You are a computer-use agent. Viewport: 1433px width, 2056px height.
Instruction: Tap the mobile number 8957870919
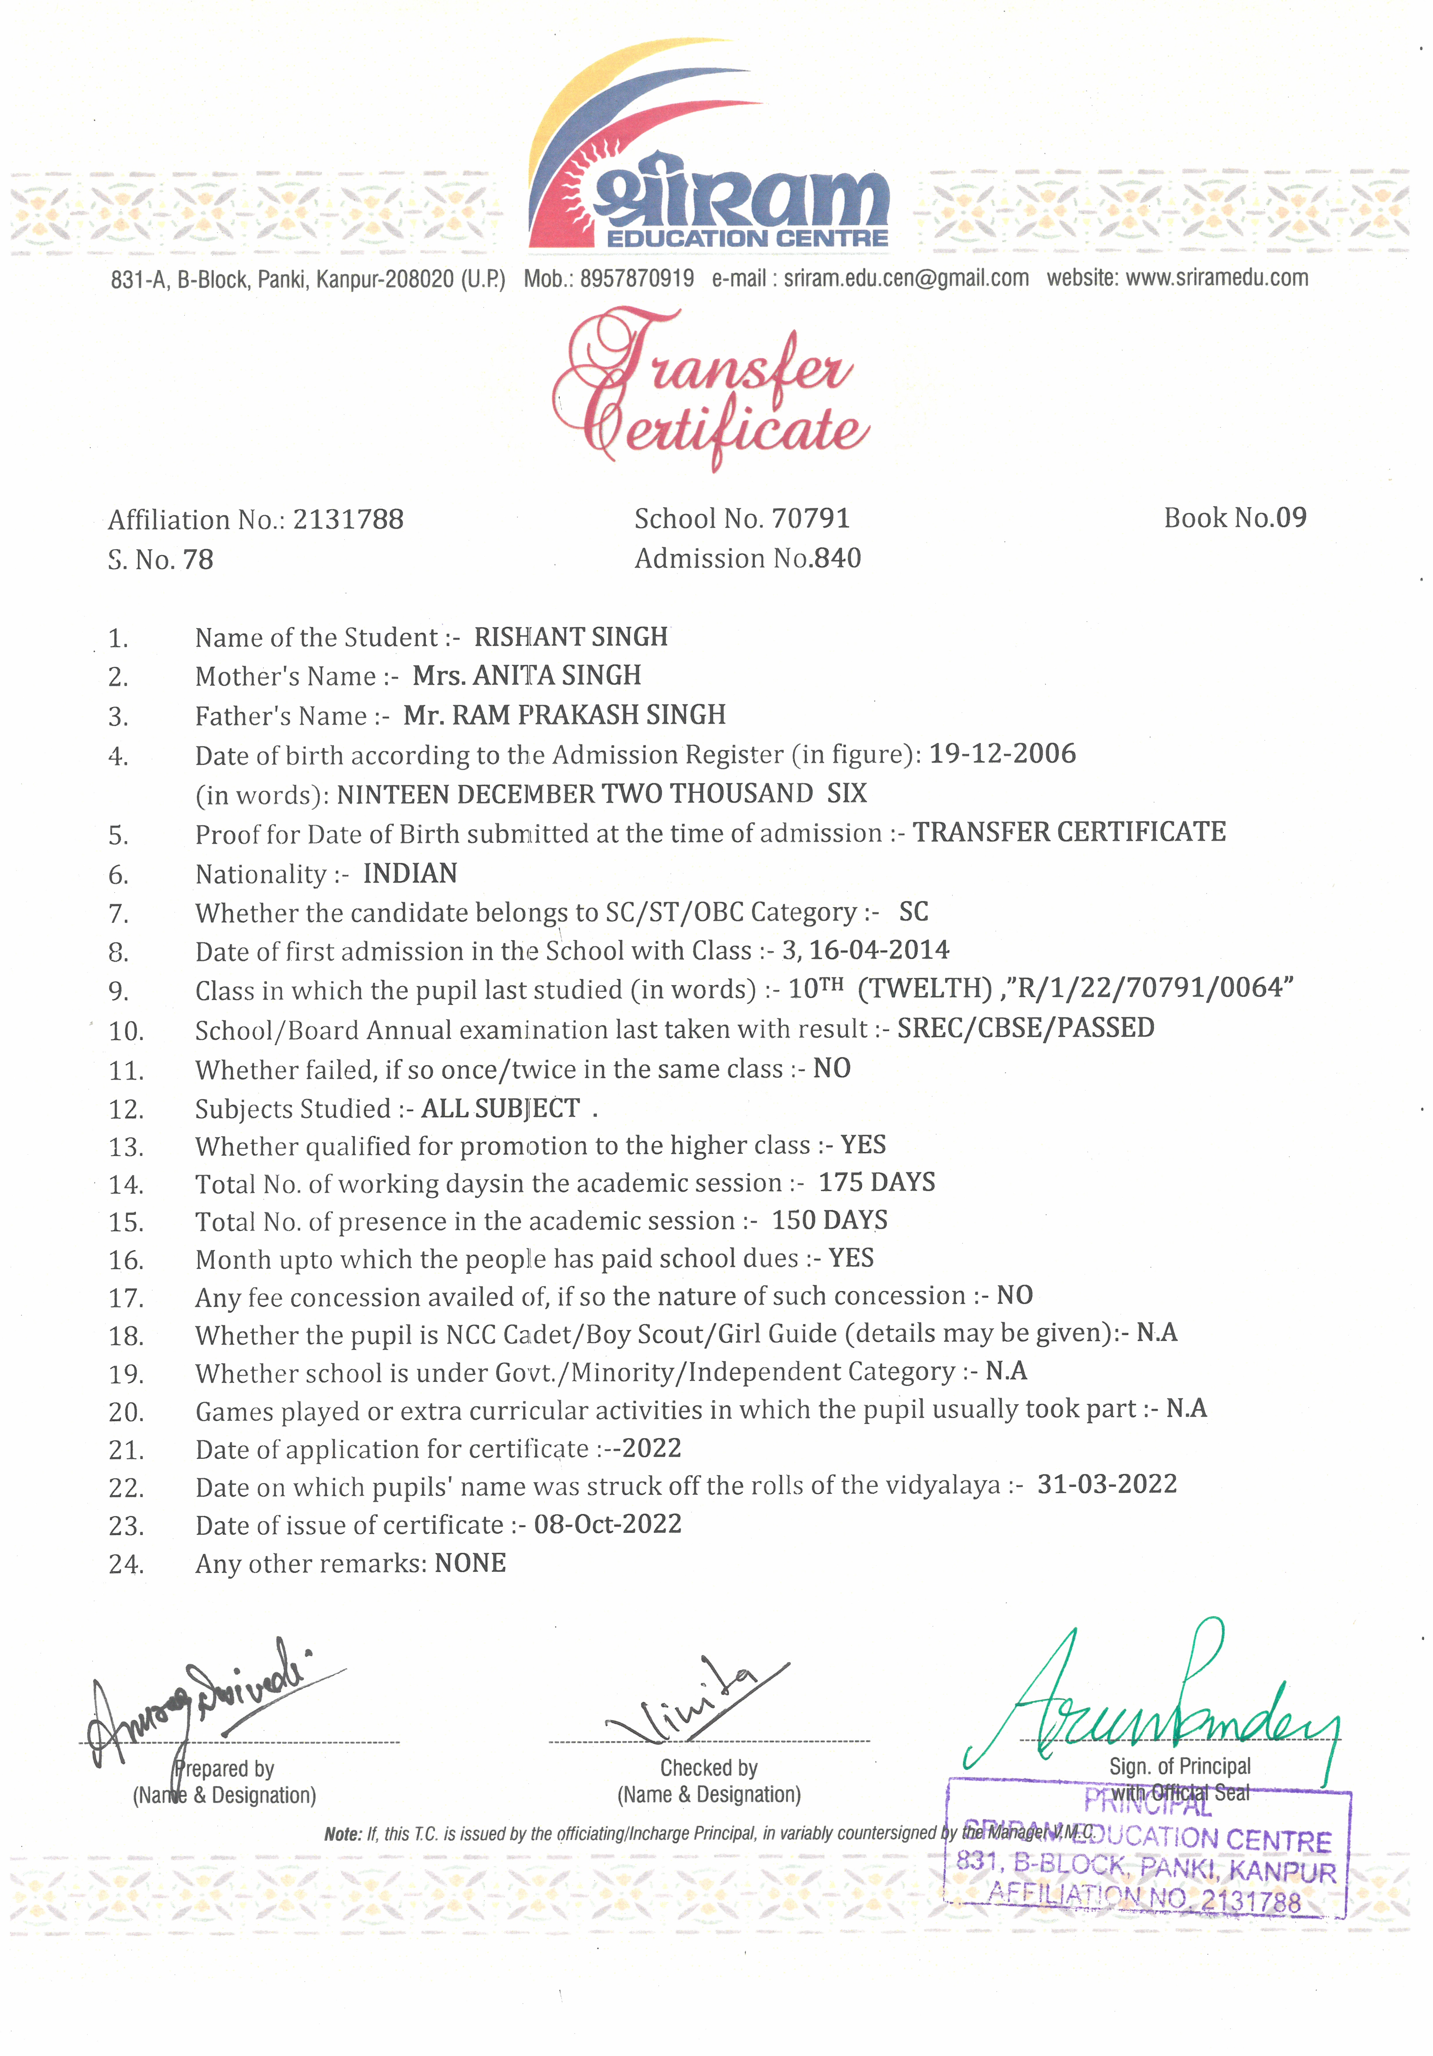tap(637, 279)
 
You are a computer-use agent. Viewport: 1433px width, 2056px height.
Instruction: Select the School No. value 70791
tap(810, 519)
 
